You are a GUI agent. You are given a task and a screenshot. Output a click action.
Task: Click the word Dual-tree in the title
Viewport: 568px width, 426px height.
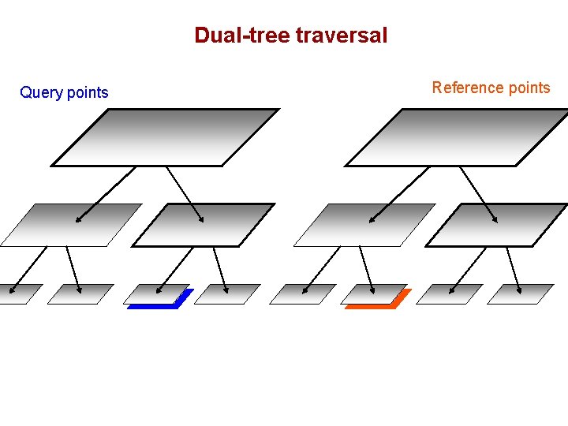(x=242, y=35)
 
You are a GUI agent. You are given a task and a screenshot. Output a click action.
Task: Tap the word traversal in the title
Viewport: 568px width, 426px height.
(x=342, y=35)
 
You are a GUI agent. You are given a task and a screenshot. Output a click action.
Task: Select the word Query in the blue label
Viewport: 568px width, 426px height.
(x=41, y=93)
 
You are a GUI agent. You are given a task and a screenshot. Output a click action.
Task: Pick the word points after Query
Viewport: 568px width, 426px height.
(x=88, y=93)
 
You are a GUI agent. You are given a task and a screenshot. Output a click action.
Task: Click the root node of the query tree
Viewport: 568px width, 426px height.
(x=166, y=137)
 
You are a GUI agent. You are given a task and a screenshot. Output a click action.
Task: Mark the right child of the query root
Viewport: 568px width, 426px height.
(x=203, y=225)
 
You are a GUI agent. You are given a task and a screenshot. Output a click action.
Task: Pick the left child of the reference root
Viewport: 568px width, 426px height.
(x=365, y=225)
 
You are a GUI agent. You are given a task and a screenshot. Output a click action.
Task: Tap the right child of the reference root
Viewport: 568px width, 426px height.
(x=496, y=225)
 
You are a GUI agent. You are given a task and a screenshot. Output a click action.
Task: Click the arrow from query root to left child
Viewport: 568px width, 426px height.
(x=106, y=194)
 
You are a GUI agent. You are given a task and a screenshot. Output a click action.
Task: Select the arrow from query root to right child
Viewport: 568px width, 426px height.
(x=185, y=194)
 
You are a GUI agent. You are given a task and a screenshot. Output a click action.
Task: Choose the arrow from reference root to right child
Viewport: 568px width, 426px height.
(x=479, y=194)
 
